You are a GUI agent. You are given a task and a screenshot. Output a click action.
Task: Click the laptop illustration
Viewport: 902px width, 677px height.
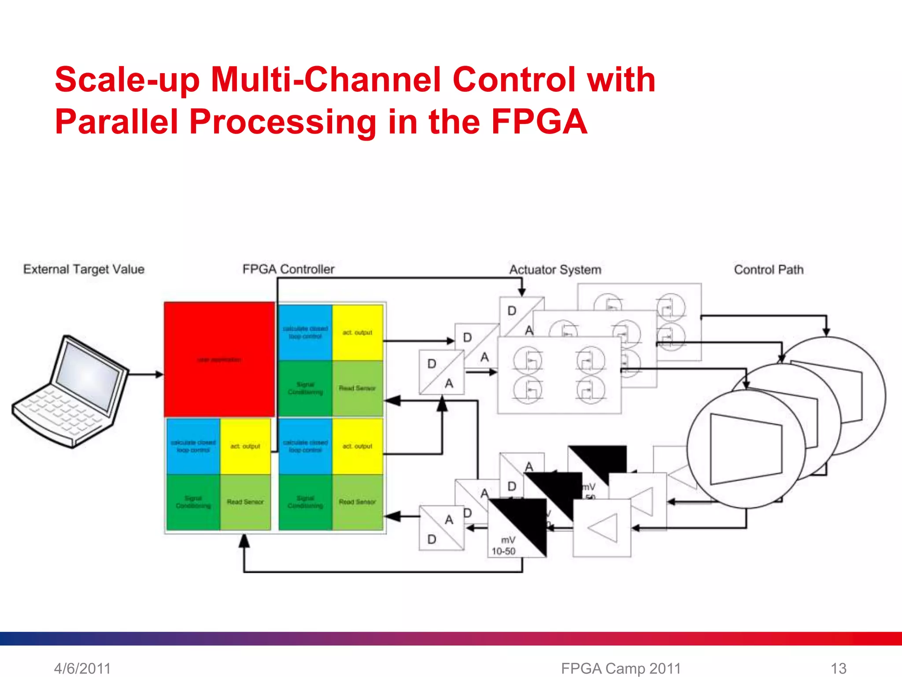click(x=70, y=392)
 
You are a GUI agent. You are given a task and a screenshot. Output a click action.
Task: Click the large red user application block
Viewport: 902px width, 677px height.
click(x=219, y=359)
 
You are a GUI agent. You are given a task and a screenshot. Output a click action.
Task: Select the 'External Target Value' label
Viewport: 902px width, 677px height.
click(x=84, y=269)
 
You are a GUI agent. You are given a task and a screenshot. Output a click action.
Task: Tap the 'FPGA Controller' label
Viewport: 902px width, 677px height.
click(x=288, y=269)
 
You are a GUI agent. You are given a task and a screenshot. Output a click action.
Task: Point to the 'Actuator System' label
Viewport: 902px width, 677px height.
click(x=555, y=270)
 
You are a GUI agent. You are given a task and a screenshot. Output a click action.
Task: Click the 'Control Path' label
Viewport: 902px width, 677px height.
click(x=769, y=270)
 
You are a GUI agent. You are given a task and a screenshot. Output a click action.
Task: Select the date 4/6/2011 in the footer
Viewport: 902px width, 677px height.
click(x=82, y=668)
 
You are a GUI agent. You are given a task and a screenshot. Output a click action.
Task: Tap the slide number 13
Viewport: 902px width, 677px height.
click(x=838, y=668)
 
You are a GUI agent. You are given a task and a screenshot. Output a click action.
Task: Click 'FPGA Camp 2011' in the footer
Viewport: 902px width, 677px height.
click(x=621, y=668)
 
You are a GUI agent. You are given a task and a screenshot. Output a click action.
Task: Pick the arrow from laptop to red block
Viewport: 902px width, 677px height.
click(x=145, y=375)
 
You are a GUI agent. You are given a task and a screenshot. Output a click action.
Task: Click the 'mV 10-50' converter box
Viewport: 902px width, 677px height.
click(x=517, y=528)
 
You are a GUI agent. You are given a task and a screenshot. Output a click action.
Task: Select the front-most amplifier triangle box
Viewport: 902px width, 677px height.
click(x=602, y=528)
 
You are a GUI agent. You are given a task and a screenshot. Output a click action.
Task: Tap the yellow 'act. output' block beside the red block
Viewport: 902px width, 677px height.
click(x=357, y=333)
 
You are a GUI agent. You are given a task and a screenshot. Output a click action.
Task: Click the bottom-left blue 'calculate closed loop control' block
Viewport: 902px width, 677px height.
click(x=193, y=446)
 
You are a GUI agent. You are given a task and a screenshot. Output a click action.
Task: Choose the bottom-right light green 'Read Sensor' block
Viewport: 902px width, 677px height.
click(x=357, y=502)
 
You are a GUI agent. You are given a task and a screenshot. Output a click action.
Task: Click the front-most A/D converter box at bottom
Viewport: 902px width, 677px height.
click(x=441, y=528)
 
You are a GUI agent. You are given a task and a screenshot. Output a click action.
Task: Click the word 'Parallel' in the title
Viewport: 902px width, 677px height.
click(x=117, y=122)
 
